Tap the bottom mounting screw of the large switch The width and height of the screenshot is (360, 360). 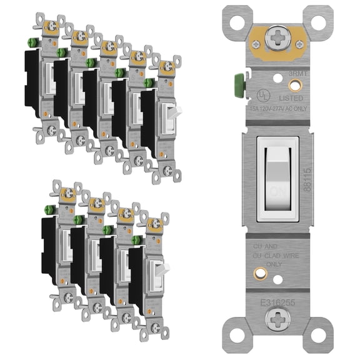click(277, 319)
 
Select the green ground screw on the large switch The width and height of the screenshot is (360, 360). click(238, 84)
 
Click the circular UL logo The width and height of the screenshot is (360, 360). click(262, 93)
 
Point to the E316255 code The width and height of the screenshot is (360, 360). click(277, 302)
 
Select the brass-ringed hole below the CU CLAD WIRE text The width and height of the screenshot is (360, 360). click(257, 273)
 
